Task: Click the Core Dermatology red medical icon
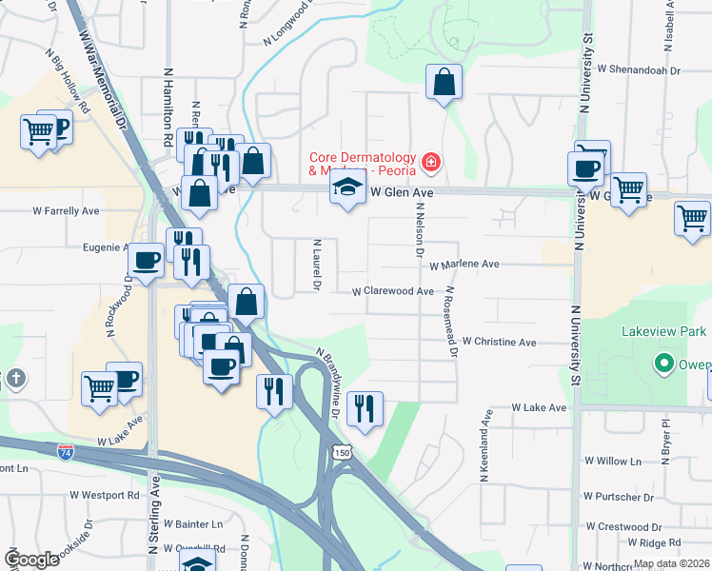(x=431, y=163)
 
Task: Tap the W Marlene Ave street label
(x=464, y=265)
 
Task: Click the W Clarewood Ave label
(x=393, y=291)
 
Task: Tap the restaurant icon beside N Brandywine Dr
(x=365, y=409)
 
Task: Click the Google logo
(x=31, y=560)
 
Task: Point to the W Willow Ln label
(x=619, y=461)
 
